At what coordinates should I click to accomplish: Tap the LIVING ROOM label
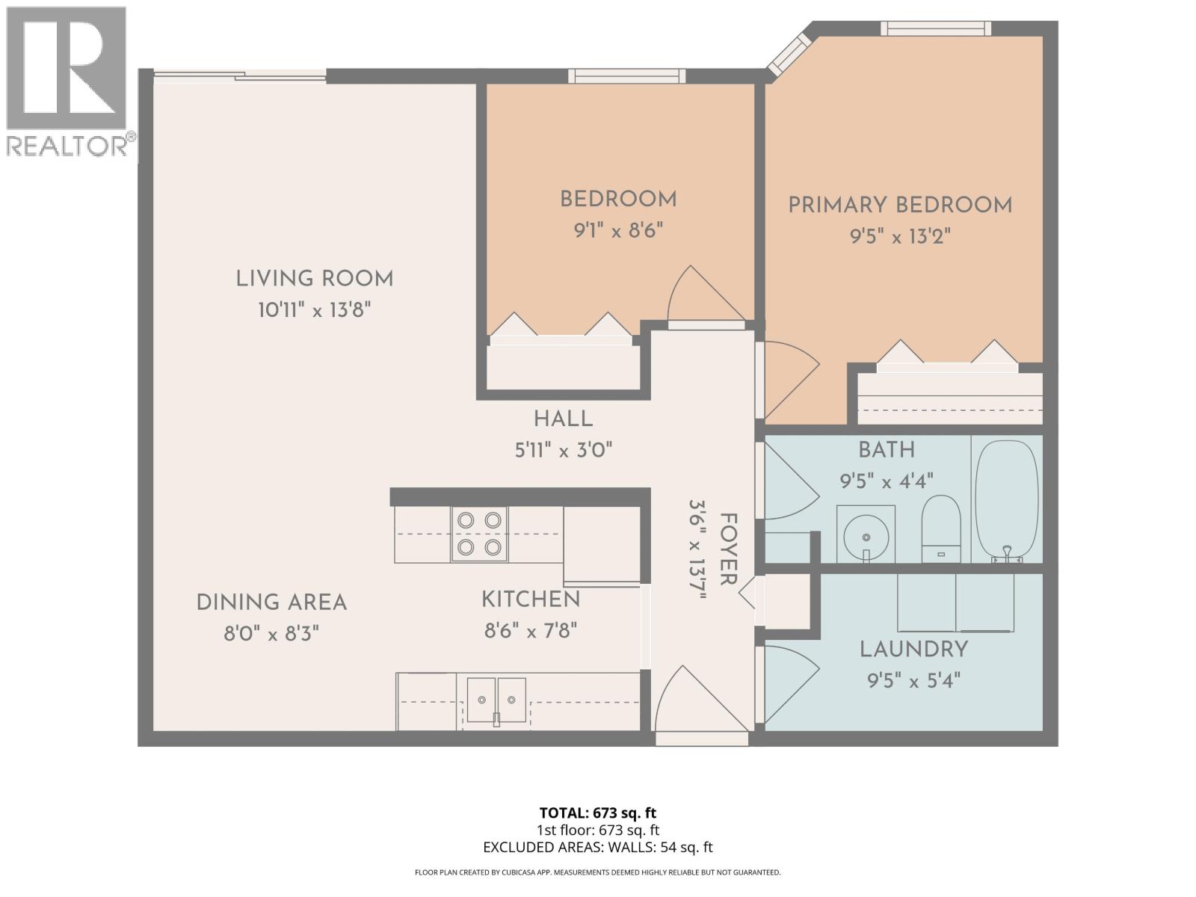(314, 279)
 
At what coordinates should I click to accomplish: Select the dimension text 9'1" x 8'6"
(618, 230)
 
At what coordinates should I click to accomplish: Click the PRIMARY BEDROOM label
(900, 206)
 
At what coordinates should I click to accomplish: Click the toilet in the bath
(940, 528)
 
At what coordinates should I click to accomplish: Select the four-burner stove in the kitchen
(478, 534)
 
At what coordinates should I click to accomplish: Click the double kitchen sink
(496, 700)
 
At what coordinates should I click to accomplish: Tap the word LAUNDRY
(913, 650)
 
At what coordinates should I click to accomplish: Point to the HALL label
(563, 419)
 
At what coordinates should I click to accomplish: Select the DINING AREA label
(271, 602)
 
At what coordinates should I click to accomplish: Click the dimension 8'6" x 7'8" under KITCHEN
(531, 631)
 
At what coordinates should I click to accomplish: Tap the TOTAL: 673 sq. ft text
(597, 813)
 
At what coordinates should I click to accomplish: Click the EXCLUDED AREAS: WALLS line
(597, 847)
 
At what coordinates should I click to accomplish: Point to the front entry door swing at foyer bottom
(699, 703)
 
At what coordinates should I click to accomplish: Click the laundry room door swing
(789, 682)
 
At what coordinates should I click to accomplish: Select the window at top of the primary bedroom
(935, 28)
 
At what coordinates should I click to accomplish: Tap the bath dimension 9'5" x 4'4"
(887, 481)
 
